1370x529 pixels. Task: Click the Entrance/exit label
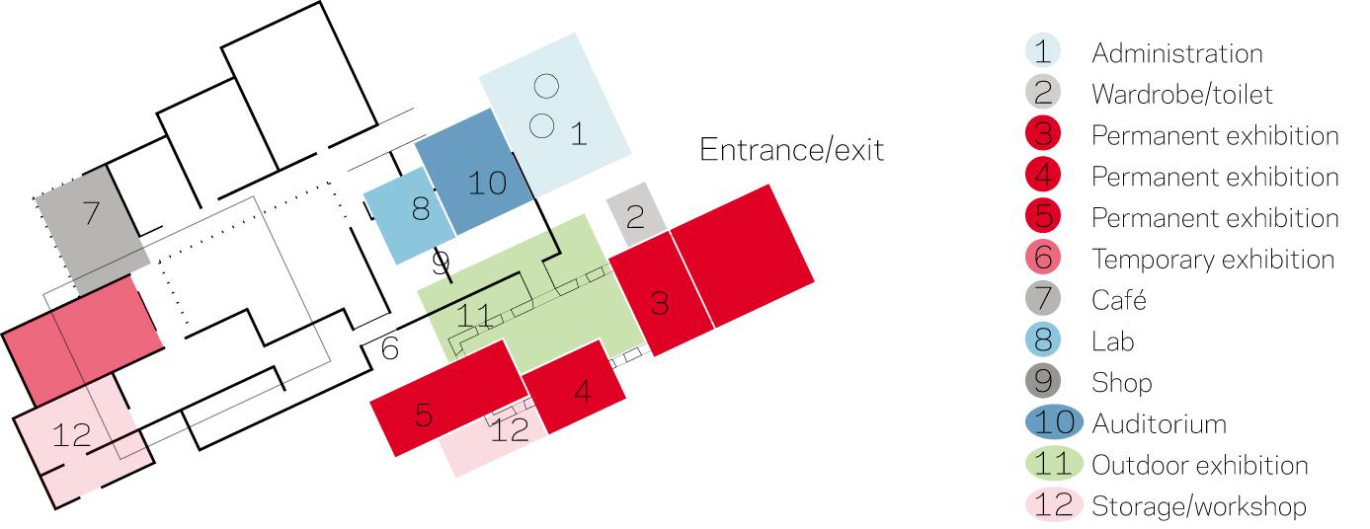click(791, 150)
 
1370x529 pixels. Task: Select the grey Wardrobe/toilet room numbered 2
click(636, 216)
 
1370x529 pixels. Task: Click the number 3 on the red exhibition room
click(659, 302)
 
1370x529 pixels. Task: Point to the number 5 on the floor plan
click(424, 414)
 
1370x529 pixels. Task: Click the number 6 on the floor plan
click(389, 348)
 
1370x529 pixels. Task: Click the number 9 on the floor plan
click(441, 264)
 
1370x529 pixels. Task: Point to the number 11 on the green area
click(475, 318)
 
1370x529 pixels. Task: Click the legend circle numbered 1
click(1043, 52)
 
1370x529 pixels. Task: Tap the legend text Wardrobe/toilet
click(1182, 95)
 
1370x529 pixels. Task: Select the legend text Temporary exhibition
click(1213, 260)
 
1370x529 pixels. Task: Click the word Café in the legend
click(1118, 300)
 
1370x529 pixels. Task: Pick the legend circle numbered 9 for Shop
click(1043, 382)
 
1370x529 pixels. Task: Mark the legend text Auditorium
click(1159, 424)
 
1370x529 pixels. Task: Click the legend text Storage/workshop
click(1198, 507)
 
